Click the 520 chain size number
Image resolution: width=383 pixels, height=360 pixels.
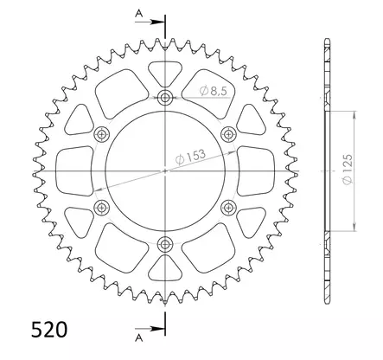point(49,330)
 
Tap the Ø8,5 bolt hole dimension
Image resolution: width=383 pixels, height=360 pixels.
point(214,91)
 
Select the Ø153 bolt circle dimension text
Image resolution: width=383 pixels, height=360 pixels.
point(190,157)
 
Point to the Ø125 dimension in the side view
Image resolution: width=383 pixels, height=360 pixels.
point(348,170)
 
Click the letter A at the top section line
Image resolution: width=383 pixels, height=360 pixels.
point(139,13)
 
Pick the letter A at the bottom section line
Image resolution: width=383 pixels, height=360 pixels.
point(139,337)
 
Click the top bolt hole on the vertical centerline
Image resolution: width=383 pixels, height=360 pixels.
point(165,98)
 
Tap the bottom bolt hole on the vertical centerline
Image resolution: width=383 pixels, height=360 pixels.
point(165,244)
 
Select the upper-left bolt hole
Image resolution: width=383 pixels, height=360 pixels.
point(102,134)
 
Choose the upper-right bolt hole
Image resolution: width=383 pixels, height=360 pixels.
point(228,134)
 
